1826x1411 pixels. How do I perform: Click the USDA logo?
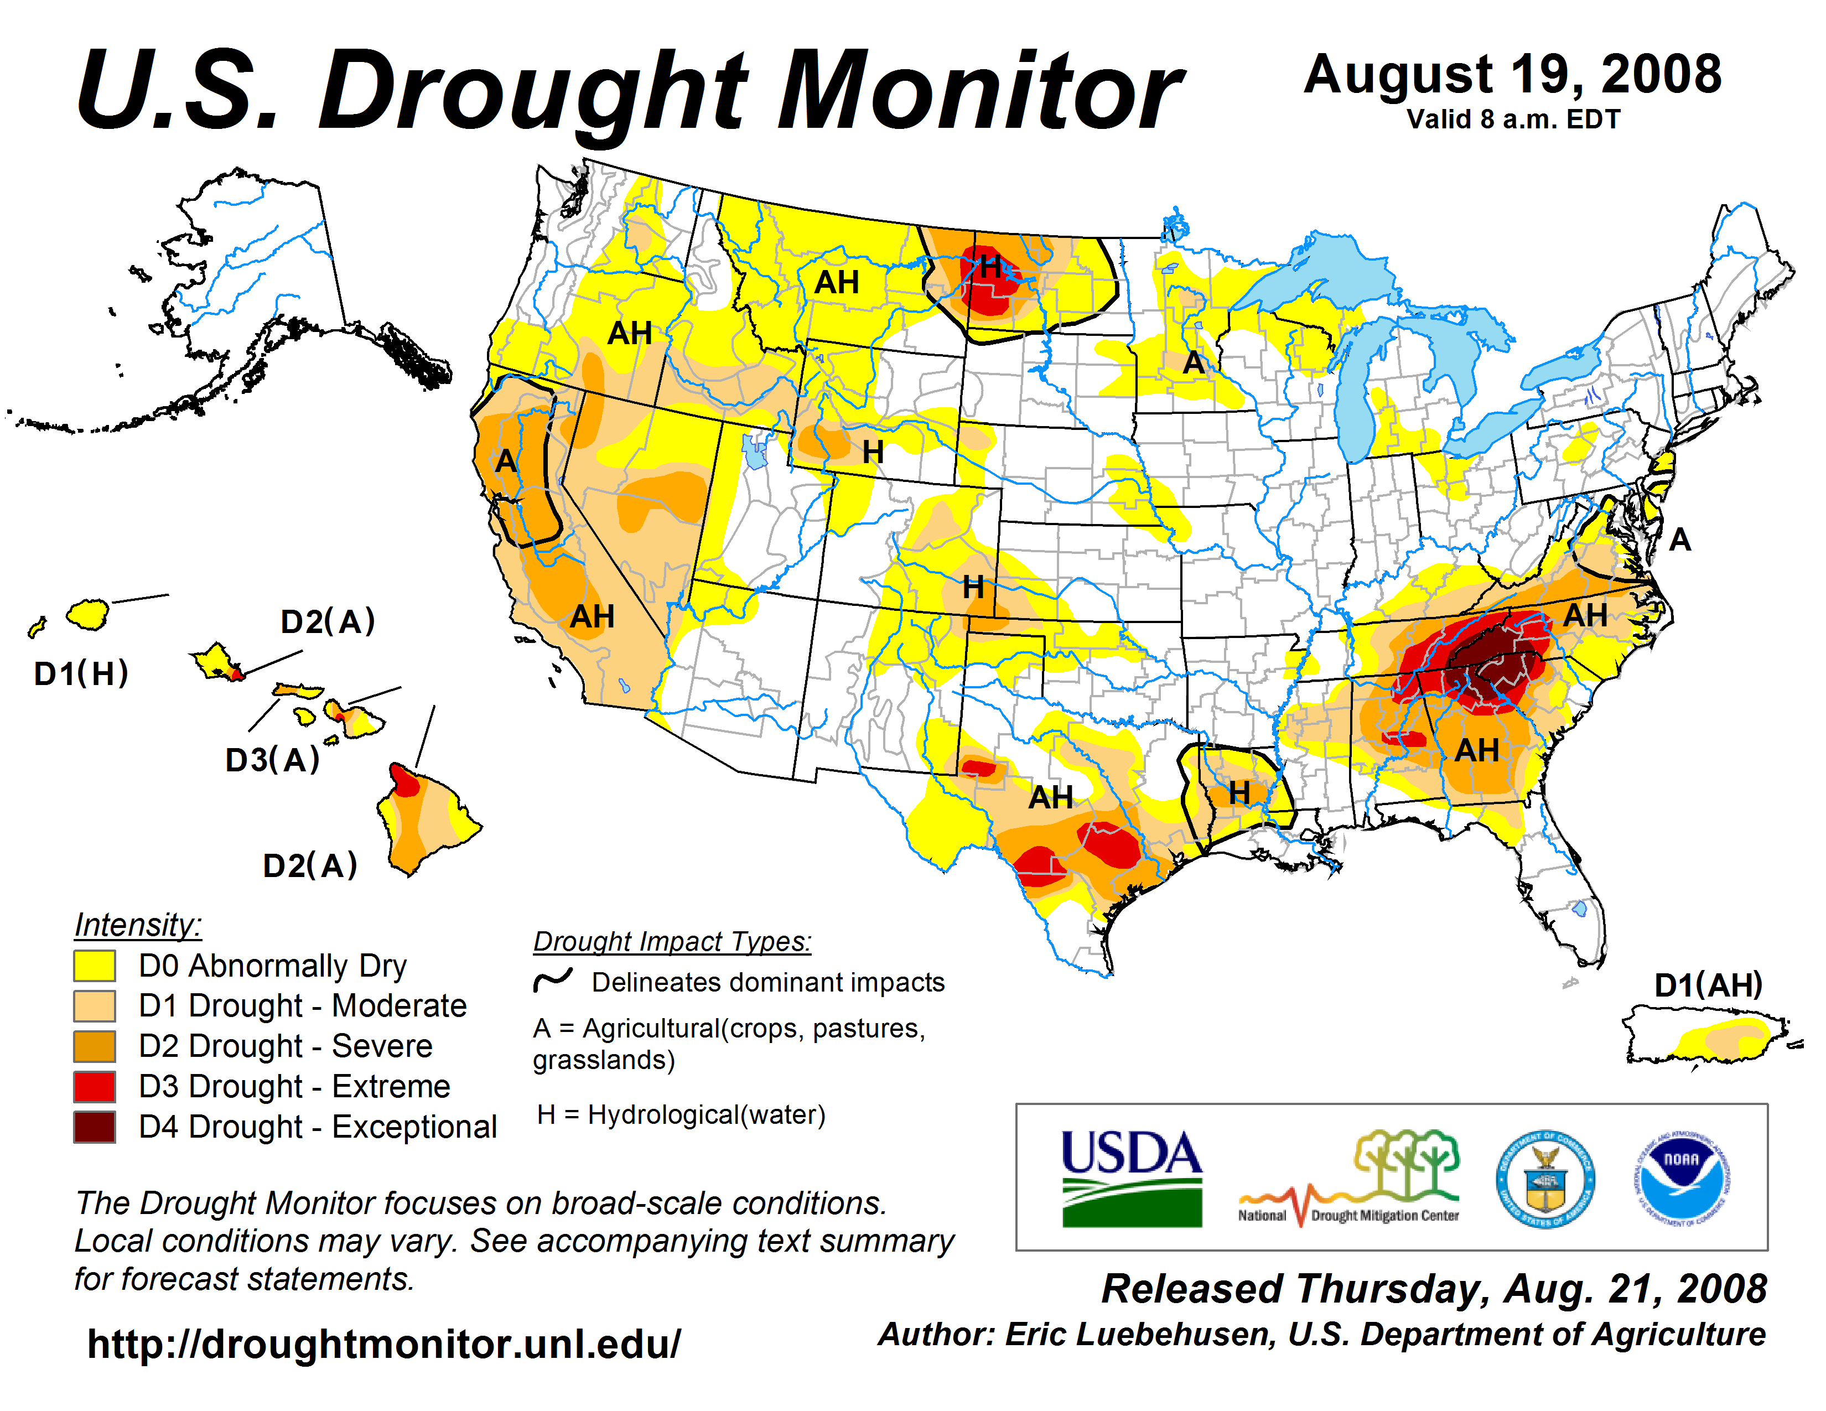[1131, 1177]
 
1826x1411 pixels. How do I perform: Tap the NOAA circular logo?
[1682, 1179]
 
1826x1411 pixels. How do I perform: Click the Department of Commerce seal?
[1545, 1179]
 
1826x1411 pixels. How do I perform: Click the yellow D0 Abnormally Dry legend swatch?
[95, 966]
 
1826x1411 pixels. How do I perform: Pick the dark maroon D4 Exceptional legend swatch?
[95, 1127]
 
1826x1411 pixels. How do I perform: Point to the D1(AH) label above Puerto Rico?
[1708, 985]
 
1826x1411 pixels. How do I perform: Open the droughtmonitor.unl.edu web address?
[384, 1344]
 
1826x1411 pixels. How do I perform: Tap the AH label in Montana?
[837, 283]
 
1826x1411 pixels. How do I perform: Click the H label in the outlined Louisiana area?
[1239, 792]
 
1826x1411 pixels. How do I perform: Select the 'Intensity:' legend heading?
[138, 925]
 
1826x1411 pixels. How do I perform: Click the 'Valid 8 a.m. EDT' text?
[1513, 120]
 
